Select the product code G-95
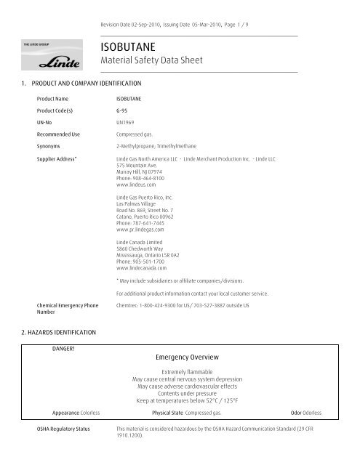124,110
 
